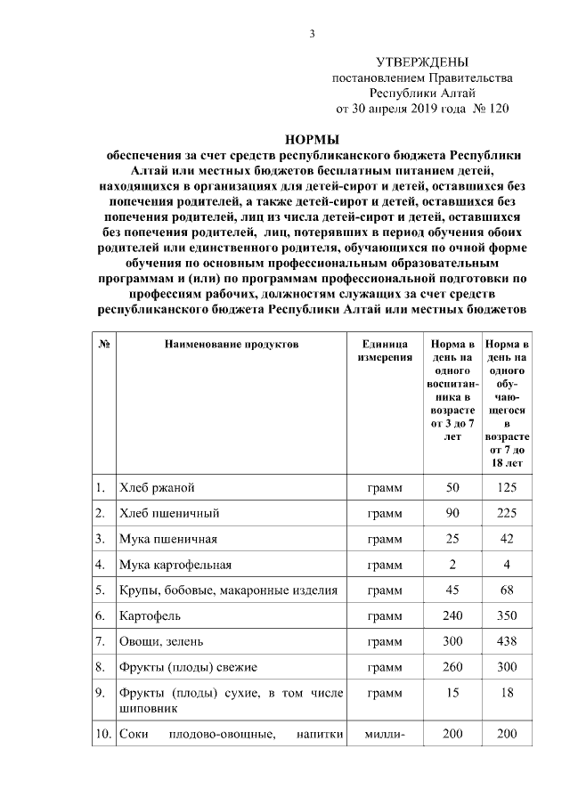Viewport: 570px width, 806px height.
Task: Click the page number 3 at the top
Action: point(312,34)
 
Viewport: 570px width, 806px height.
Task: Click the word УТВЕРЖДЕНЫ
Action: point(422,61)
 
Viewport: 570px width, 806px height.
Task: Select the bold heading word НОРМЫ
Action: point(312,138)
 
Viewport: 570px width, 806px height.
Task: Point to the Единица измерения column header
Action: point(385,350)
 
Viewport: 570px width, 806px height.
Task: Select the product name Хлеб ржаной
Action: point(157,488)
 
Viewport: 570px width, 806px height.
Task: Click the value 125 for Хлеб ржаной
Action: point(506,488)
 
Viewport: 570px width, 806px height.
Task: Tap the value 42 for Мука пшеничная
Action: point(506,539)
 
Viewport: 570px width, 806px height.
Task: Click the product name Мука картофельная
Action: point(175,565)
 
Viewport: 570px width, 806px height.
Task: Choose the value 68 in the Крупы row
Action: point(506,590)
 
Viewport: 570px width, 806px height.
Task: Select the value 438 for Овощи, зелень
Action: point(506,640)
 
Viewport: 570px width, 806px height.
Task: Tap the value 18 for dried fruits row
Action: point(506,692)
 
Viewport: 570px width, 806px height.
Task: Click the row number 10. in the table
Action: point(102,734)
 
